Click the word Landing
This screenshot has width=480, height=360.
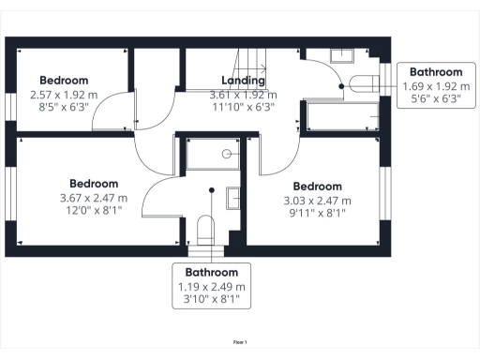point(242,81)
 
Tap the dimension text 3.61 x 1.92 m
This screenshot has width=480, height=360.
point(242,95)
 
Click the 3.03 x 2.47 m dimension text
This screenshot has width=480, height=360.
point(317,201)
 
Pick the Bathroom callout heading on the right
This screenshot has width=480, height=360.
point(437,72)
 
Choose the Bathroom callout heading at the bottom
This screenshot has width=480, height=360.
point(212,272)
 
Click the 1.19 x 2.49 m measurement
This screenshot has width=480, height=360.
point(212,286)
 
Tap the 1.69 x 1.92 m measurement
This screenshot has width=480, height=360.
point(437,86)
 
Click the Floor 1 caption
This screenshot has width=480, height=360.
point(240,343)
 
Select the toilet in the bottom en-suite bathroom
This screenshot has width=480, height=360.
point(206,231)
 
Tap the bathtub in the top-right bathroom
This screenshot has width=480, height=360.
point(343,116)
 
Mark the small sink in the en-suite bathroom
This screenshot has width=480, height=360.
point(233,197)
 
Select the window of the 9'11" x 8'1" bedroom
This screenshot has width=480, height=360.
point(383,192)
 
